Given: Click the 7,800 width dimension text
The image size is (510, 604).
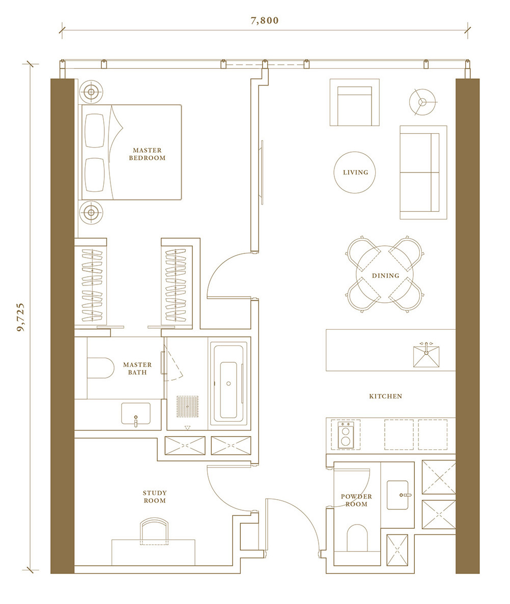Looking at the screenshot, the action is (265, 20).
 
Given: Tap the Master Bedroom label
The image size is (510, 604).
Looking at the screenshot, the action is (147, 154).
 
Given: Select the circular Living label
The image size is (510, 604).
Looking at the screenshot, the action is (356, 172).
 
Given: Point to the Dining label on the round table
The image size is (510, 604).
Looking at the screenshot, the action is (386, 275).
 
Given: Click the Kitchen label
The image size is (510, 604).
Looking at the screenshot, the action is (386, 396).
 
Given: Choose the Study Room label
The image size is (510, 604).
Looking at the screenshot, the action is (155, 497).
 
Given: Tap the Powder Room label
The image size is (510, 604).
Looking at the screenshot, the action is (356, 500).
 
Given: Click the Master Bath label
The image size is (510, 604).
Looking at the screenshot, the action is (137, 368).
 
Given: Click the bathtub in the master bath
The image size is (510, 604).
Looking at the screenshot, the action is (229, 384).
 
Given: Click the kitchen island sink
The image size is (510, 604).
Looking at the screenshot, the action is (427, 356).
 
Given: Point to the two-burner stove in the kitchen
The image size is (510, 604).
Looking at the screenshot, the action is (346, 435).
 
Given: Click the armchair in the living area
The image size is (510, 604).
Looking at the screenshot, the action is (355, 102).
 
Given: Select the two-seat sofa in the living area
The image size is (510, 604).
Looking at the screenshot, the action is (423, 172).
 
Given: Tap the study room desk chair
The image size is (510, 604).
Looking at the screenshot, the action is (154, 531).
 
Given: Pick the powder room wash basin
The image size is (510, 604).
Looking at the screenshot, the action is (398, 495).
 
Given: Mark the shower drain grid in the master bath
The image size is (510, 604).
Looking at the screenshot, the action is (188, 407).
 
